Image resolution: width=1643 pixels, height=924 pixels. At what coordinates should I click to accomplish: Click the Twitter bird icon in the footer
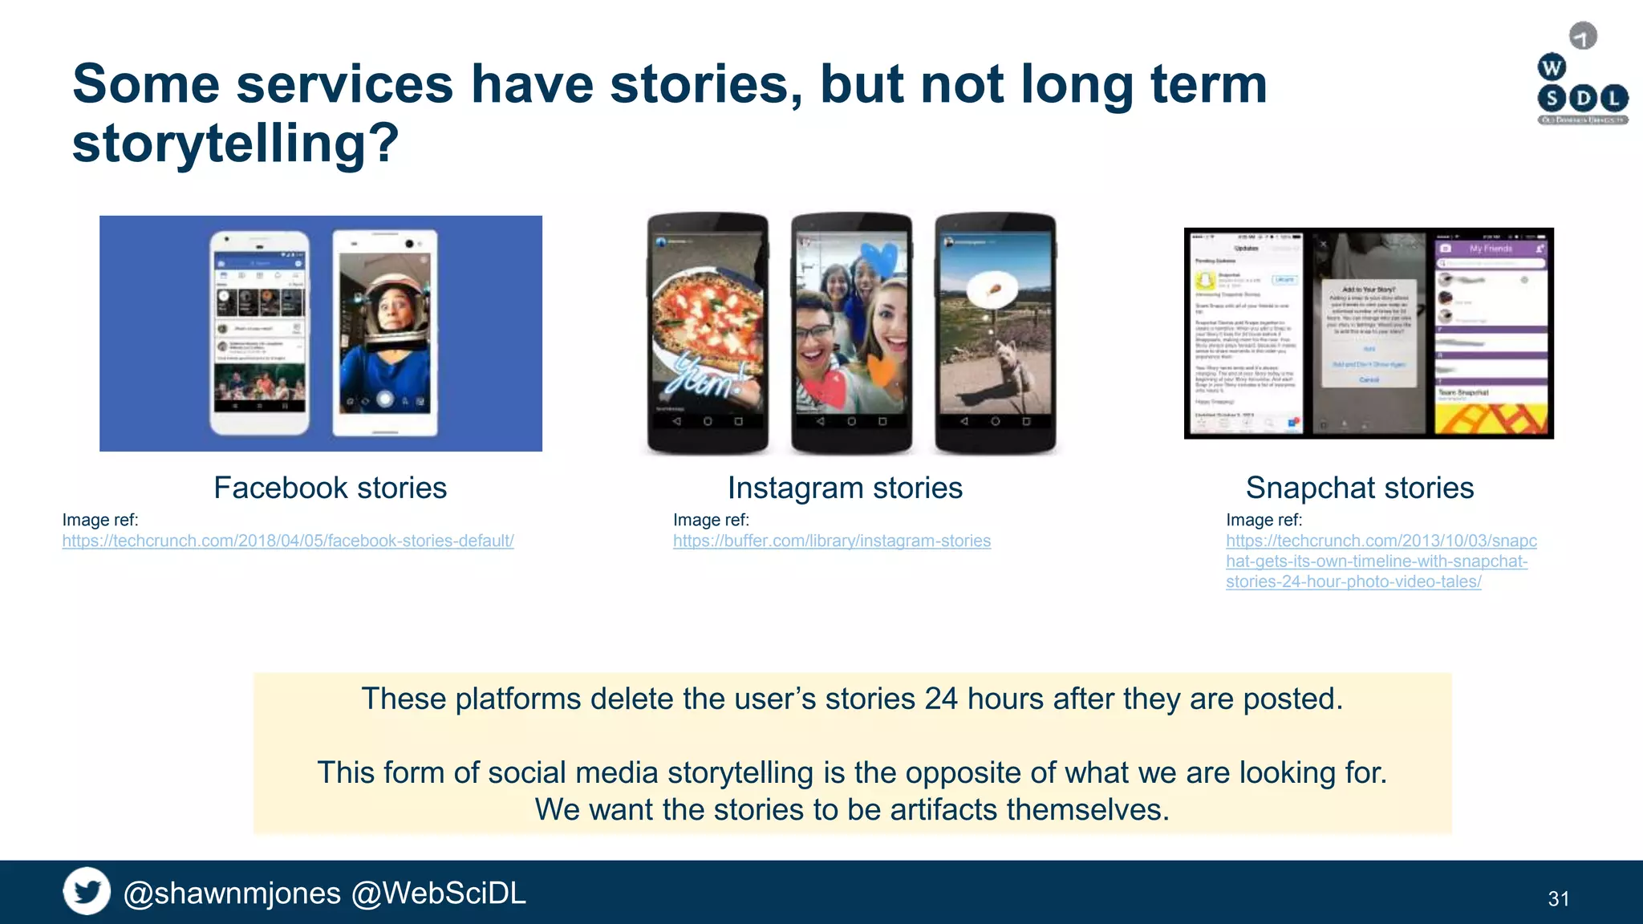coord(87,891)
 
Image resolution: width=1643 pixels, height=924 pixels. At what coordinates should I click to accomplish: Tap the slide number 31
coord(1558,899)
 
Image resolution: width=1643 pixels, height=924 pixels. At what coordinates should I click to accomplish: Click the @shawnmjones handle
coord(232,894)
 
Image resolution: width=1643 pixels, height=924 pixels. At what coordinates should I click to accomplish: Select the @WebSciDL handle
coord(439,894)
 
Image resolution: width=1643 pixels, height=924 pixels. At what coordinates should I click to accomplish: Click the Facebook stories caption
coord(330,488)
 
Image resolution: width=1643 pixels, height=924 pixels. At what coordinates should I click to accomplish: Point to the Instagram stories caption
coord(845,488)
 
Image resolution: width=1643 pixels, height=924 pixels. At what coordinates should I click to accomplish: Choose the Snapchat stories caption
coord(1359,488)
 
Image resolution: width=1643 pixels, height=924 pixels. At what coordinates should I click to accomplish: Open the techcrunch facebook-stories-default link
coord(288,541)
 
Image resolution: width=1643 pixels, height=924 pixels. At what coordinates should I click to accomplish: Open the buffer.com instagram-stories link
coord(831,541)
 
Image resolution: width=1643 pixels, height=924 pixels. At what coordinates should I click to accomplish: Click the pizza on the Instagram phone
coord(706,313)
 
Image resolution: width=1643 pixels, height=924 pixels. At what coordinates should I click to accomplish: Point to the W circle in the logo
coord(1552,67)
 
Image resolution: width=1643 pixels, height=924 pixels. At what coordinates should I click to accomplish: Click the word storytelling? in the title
coord(235,144)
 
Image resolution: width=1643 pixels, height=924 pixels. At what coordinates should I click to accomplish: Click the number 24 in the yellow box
coord(940,699)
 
